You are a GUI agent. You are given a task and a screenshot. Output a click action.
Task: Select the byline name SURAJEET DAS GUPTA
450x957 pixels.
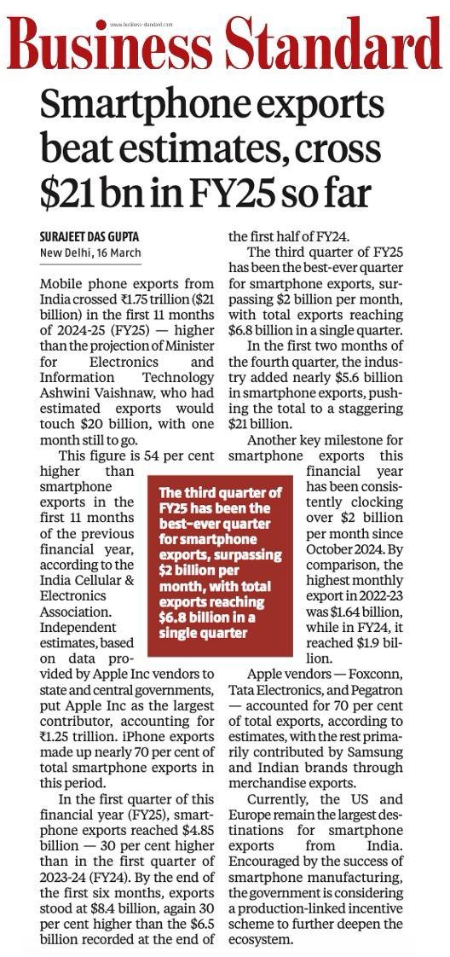pyautogui.click(x=91, y=235)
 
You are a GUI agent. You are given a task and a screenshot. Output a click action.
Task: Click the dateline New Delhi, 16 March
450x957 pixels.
pyautogui.click(x=91, y=252)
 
